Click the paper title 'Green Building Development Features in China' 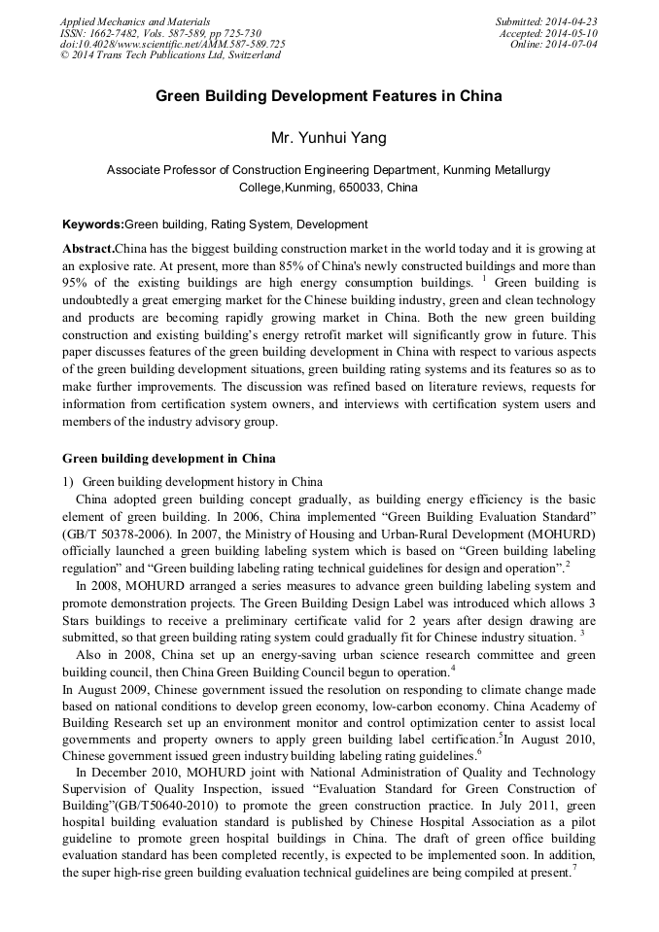[x=329, y=97]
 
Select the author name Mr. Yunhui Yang [x=329, y=138]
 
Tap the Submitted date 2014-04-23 [x=572, y=21]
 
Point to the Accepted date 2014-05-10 [x=573, y=33]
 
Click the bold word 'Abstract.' [x=88, y=249]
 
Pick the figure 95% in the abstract [x=77, y=283]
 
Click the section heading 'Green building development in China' [x=168, y=458]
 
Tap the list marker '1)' [x=68, y=481]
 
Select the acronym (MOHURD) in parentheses [x=558, y=534]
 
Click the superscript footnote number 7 [x=575, y=868]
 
